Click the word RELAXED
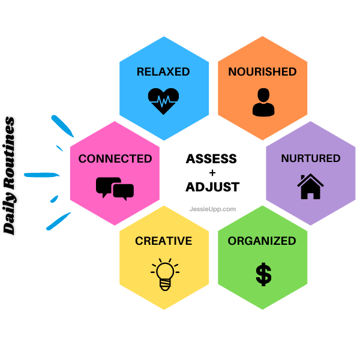(163, 72)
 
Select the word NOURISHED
(262, 72)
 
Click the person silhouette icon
(263, 102)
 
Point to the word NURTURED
(311, 159)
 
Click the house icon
(310, 186)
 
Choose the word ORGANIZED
(262, 241)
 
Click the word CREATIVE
(163, 241)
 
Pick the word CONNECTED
(115, 159)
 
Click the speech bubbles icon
(115, 188)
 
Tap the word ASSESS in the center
(211, 159)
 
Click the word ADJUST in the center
(212, 187)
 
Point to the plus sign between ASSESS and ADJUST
(212, 173)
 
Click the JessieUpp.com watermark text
(212, 209)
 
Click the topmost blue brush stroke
(61, 125)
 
